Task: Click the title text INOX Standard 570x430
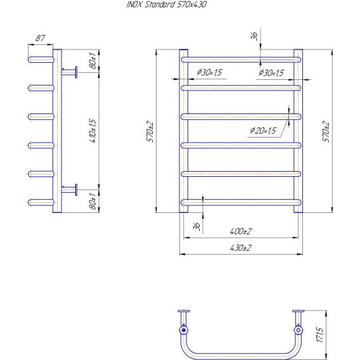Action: (167, 4)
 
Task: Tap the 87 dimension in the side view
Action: (40, 38)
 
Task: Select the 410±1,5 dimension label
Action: (93, 131)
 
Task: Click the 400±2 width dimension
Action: (241, 231)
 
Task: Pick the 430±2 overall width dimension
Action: (241, 248)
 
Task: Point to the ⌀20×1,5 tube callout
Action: (263, 131)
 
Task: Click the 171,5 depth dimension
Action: (320, 335)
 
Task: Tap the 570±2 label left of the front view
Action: (150, 132)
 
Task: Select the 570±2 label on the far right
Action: (326, 132)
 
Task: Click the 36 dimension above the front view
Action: (254, 36)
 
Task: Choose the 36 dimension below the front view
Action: (196, 226)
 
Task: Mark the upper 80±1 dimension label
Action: (93, 61)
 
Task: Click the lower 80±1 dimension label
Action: (93, 201)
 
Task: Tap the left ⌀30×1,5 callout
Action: (209, 72)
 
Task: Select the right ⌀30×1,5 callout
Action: (271, 73)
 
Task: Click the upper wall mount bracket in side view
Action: (69, 72)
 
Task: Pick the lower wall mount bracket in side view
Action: (69, 190)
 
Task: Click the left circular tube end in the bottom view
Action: (183, 330)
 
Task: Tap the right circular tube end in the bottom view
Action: (299, 330)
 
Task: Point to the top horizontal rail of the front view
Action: (241, 60)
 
